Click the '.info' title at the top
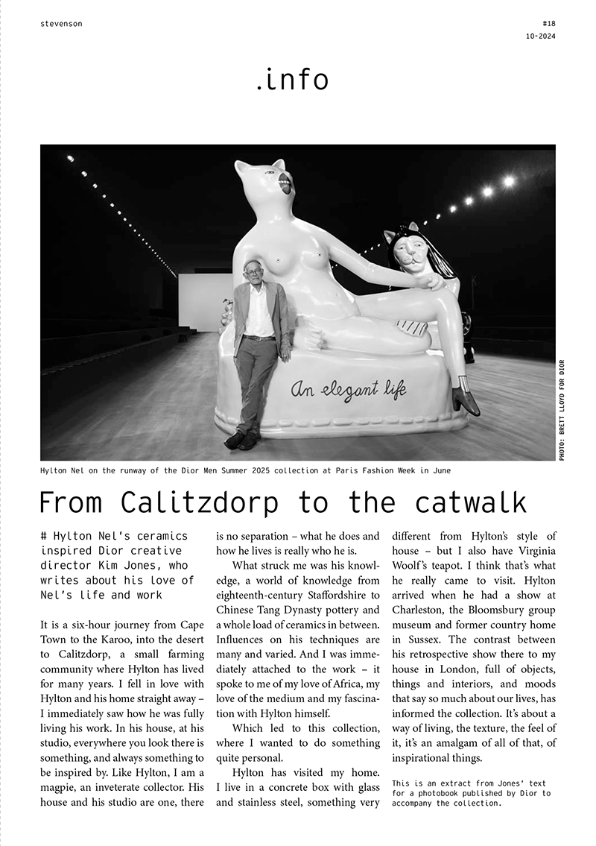291,79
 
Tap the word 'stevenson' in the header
61,24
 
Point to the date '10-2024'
540,37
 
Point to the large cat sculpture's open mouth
283,180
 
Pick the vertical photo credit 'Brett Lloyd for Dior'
562,410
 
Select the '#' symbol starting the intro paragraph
45,536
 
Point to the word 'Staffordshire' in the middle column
333,594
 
